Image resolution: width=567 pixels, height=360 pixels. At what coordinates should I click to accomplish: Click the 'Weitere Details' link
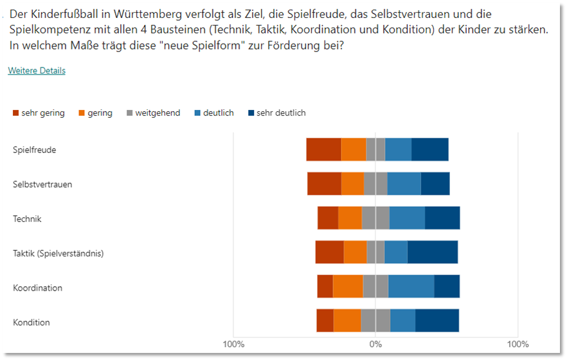click(37, 71)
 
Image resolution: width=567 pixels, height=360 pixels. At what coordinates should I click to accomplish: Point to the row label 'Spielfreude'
click(34, 150)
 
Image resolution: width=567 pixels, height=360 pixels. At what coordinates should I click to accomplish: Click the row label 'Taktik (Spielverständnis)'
click(59, 253)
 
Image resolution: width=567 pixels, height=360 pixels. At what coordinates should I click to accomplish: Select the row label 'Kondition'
click(32, 322)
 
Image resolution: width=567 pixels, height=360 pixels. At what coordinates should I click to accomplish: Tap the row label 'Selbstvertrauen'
click(42, 184)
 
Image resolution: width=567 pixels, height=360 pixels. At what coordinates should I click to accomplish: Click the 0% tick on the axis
click(375, 344)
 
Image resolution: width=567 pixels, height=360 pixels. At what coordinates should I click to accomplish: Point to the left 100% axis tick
click(233, 344)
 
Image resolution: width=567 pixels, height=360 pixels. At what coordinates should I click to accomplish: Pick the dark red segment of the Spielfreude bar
click(323, 150)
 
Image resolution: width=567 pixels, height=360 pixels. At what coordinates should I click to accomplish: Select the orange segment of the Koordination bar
click(348, 287)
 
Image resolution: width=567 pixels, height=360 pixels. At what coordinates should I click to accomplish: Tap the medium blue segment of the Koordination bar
click(411, 287)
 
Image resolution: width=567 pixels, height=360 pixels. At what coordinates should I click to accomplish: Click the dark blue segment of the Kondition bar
click(437, 321)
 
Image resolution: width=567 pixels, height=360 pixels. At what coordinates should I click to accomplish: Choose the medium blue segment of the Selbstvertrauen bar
click(404, 184)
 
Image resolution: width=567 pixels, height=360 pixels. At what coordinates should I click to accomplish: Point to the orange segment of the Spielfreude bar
click(354, 150)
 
